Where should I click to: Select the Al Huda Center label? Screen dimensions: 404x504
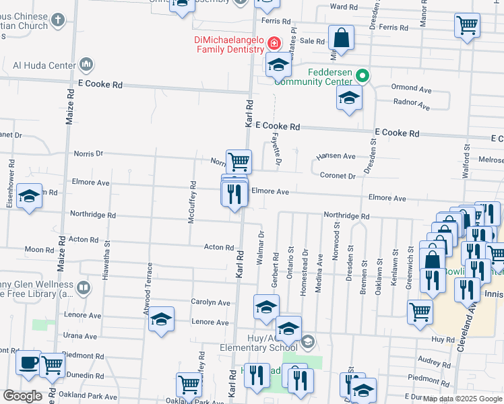coord(44,65)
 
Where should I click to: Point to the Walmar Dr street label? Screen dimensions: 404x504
coord(260,248)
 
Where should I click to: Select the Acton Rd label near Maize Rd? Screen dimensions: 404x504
coord(84,239)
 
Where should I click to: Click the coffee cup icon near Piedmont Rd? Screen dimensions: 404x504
coord(28,363)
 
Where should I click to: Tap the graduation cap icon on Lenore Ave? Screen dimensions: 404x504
coord(162,320)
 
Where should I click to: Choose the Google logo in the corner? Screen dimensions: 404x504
coord(22,396)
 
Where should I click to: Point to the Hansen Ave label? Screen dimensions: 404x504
coord(340,156)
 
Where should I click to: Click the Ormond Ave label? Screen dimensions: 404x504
coord(411,88)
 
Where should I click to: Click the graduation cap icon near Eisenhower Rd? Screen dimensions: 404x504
coord(29,196)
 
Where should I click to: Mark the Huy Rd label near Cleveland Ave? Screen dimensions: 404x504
coord(443,340)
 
